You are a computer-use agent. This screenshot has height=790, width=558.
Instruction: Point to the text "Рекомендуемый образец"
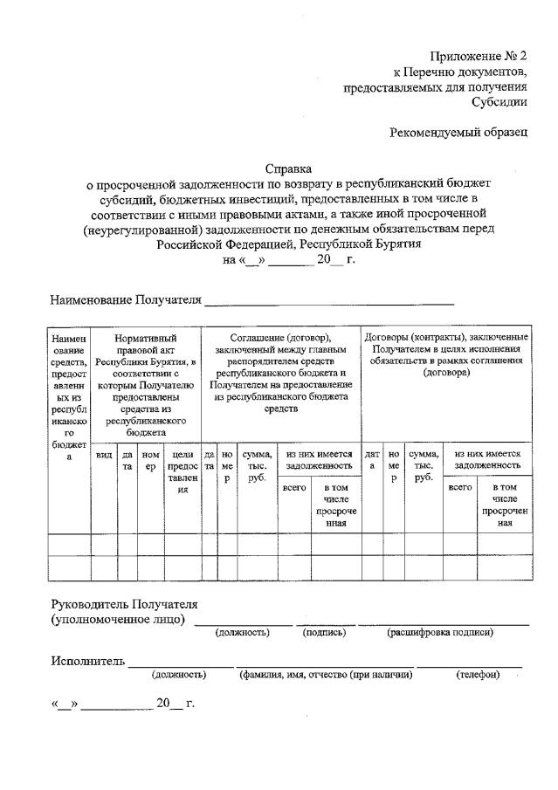point(458,132)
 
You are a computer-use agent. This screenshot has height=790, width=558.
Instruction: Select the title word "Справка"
point(288,168)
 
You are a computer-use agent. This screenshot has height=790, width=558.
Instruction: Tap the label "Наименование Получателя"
point(125,300)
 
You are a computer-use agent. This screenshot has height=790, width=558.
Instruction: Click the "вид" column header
point(103,454)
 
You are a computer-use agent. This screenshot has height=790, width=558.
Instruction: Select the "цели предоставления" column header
point(183,471)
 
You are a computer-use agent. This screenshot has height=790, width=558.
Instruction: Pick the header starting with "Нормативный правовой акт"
point(146,384)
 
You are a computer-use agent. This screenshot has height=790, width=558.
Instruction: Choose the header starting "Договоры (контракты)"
point(445,354)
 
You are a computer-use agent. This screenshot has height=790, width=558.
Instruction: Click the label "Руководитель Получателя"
point(124,603)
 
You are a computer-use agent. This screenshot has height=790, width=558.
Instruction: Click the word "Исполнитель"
point(87,660)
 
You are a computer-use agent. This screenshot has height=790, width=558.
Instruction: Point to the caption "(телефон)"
point(477,675)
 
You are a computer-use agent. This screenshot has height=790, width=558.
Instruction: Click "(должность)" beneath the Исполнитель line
point(179,675)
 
